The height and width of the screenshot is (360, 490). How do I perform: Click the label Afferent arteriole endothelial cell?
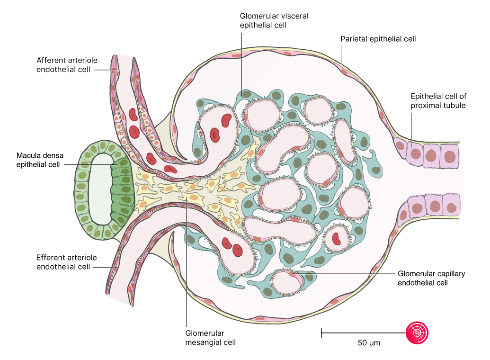pyautogui.click(x=66, y=65)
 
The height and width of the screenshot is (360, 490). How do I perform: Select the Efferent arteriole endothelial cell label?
pyautogui.click(x=66, y=262)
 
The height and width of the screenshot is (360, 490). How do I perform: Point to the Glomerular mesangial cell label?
pyautogui.click(x=210, y=337)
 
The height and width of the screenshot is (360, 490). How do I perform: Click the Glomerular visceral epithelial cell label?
pyautogui.click(x=274, y=20)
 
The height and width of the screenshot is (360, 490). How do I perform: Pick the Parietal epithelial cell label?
pyautogui.click(x=378, y=39)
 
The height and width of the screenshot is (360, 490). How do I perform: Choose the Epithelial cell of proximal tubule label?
pyautogui.click(x=438, y=101)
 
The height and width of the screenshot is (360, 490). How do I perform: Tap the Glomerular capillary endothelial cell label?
pyautogui.click(x=431, y=278)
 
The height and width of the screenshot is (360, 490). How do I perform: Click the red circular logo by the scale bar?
pyautogui.click(x=418, y=333)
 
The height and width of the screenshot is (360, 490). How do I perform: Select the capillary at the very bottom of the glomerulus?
pyautogui.click(x=287, y=282)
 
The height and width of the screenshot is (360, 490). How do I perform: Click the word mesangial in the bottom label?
pyautogui.click(x=204, y=342)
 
